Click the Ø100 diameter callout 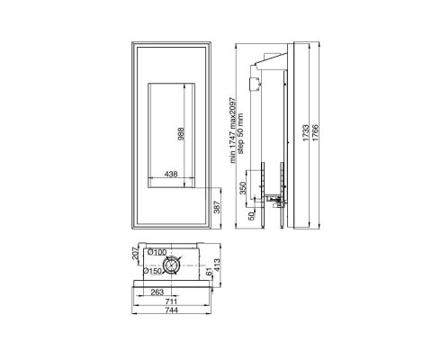pos(157,252)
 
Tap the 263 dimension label pos(156,292)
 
